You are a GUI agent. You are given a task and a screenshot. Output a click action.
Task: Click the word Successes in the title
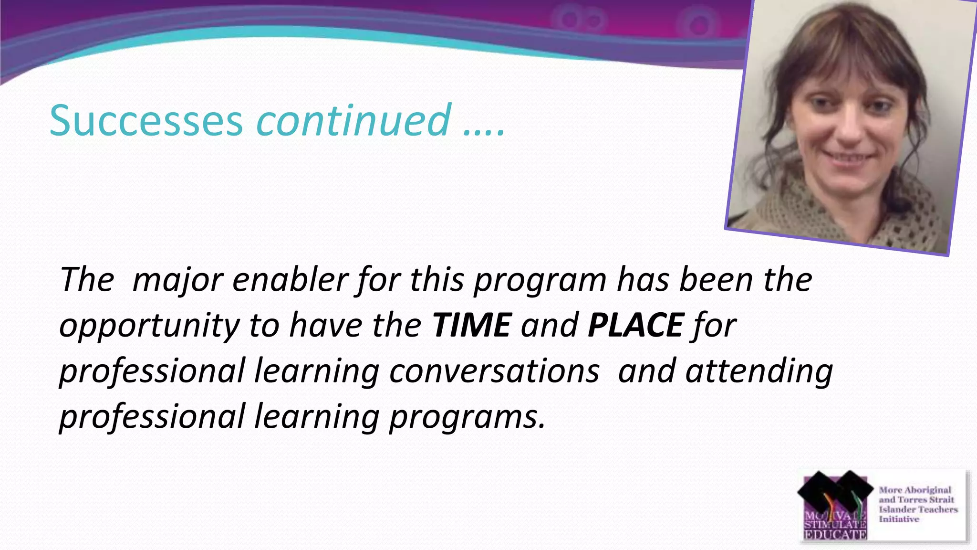pos(146,120)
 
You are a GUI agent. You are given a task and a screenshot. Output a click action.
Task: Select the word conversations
pos(494,371)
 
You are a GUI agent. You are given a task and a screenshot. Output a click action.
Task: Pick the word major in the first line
pos(177,281)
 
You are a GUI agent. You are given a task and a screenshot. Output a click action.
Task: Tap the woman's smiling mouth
pos(851,157)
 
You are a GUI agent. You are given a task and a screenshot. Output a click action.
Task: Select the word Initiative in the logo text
pos(898,519)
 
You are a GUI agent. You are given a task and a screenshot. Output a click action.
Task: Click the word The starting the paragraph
pos(87,280)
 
